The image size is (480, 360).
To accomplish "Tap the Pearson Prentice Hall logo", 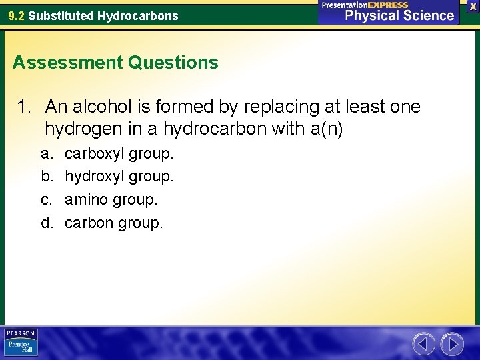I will (x=21, y=343).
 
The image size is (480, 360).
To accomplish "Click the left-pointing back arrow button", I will (x=424, y=344).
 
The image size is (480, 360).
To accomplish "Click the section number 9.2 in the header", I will (x=16, y=15).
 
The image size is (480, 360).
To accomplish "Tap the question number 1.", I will (x=25, y=107).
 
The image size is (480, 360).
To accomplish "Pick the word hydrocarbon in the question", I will (x=215, y=129).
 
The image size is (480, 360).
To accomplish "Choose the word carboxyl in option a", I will (x=93, y=154).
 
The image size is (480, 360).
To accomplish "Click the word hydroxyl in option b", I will (x=93, y=177).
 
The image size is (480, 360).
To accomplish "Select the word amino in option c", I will (x=86, y=199).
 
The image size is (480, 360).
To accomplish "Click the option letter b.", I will (x=47, y=177).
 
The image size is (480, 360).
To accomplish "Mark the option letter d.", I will (x=47, y=222).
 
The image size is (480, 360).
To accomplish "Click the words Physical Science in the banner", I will (x=399, y=15).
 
